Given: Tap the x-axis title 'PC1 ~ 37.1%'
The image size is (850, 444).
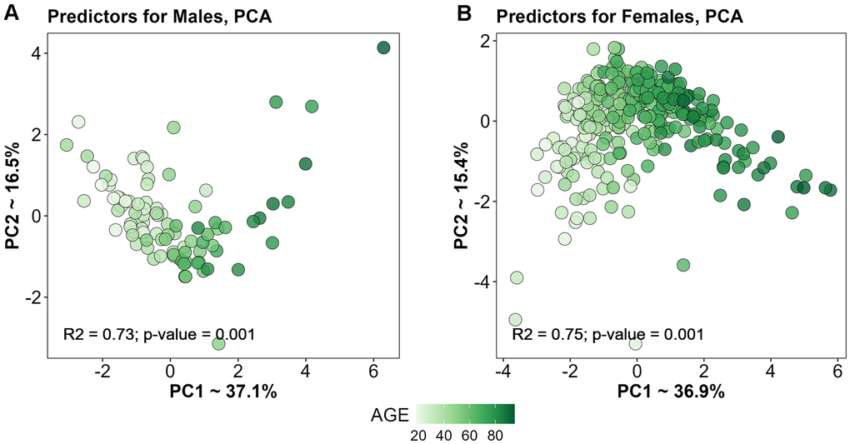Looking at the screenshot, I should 224,391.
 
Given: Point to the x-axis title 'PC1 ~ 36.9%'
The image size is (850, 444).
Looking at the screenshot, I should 672,391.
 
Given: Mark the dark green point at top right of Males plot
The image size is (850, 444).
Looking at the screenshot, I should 383,48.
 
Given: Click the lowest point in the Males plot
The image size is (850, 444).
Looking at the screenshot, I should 218,343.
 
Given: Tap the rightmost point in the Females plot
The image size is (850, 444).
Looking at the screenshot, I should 830,190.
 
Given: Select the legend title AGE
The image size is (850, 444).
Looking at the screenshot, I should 390,414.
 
